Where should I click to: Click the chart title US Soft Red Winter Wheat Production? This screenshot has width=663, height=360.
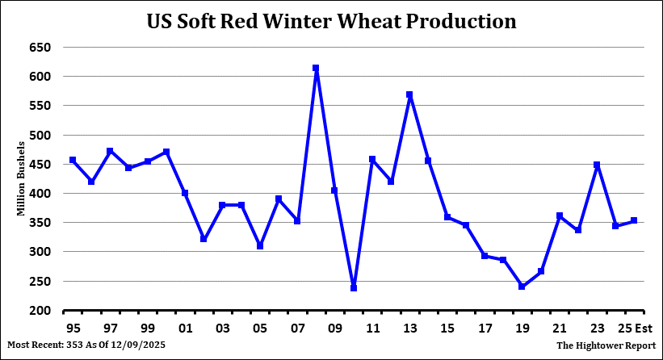tap(331, 21)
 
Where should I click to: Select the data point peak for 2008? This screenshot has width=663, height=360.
tap(316, 69)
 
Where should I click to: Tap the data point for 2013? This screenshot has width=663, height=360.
tap(410, 94)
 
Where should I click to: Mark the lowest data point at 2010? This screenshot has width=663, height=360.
tap(354, 287)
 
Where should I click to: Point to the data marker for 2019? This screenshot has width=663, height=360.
tap(522, 287)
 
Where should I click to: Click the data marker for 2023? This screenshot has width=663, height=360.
tap(598, 165)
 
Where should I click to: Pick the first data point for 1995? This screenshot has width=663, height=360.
tap(73, 160)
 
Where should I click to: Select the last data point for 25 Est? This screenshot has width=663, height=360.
tap(635, 220)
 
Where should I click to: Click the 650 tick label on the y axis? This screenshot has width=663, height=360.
tap(40, 48)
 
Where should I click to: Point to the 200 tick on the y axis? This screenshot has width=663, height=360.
tap(40, 311)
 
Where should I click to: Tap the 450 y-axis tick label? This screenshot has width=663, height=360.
tap(40, 165)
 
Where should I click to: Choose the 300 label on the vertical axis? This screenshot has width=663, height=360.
tap(40, 252)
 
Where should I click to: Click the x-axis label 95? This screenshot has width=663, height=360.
tap(73, 329)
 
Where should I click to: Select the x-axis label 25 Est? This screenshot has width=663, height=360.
tap(635, 329)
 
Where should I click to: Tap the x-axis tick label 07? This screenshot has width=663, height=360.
tap(297, 329)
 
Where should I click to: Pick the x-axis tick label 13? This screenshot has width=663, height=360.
tap(410, 329)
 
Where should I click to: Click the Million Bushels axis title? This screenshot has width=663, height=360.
tap(22, 178)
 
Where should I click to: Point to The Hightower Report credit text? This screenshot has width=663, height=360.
tap(605, 345)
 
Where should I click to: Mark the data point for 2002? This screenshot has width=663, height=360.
tap(204, 239)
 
